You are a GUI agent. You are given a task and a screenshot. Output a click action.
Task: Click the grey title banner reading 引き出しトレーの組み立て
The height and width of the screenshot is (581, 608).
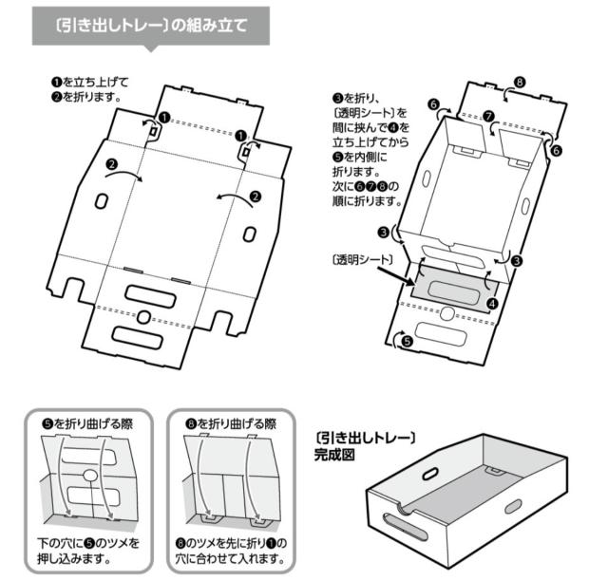152,26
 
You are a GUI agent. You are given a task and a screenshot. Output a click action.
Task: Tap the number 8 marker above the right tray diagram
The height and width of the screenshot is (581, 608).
519,83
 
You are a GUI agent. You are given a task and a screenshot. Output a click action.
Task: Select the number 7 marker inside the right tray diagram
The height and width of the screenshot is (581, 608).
487,117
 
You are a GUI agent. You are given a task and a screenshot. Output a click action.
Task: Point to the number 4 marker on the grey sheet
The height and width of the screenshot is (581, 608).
492,304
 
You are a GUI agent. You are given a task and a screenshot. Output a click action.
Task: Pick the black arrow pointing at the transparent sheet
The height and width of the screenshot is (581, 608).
397,273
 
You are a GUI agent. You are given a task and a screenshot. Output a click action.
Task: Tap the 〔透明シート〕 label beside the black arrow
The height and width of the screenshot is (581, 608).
359,258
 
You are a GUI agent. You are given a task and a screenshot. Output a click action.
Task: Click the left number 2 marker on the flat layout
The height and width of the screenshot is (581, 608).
113,165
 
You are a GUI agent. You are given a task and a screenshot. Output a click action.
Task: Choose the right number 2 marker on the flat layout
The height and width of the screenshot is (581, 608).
254,197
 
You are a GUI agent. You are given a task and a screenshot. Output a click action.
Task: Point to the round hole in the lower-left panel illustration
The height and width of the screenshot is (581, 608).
87,474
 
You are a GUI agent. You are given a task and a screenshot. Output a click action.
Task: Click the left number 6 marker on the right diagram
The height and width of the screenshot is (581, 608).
433,103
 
